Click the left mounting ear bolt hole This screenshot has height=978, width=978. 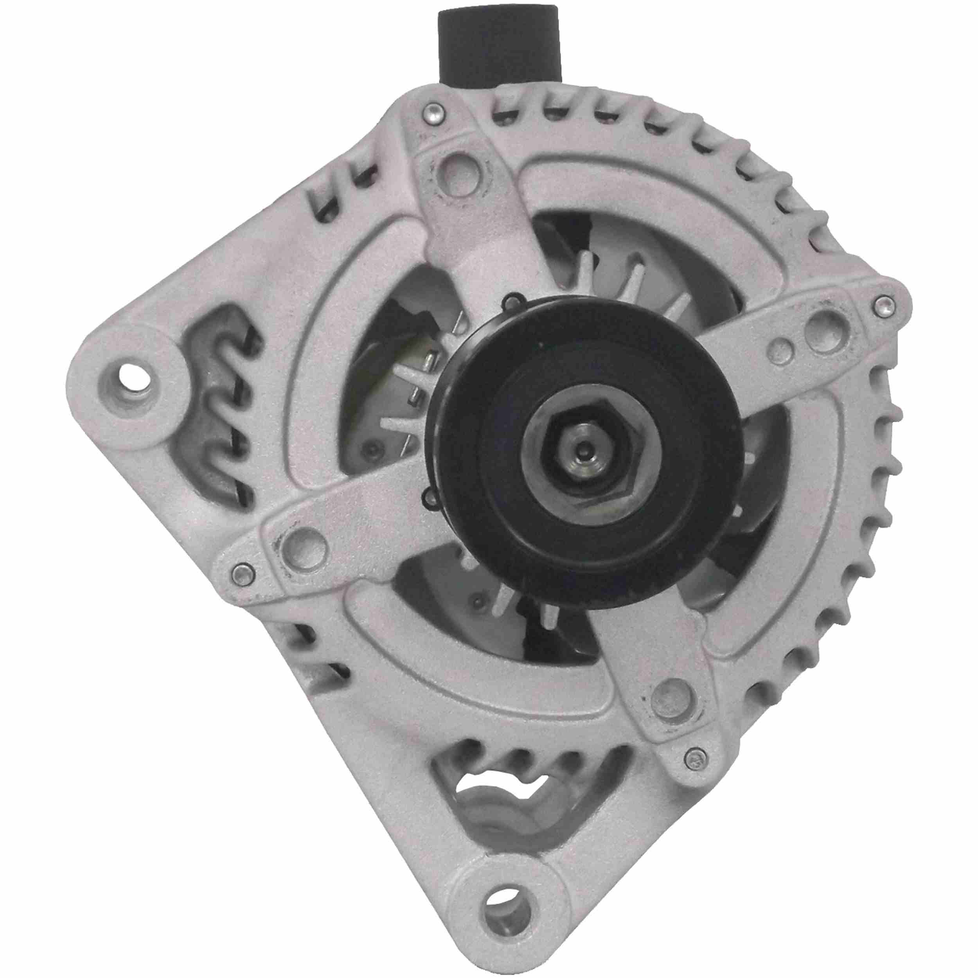(131, 379)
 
